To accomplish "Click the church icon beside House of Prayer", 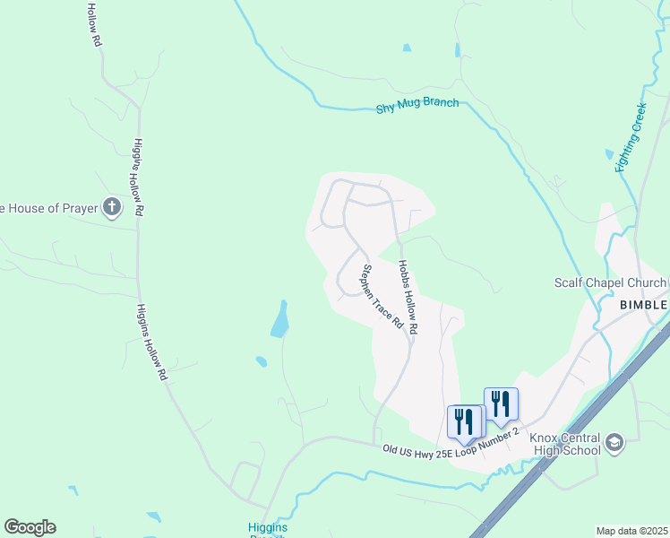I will [x=112, y=209].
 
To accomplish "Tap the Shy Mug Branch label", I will [x=417, y=105].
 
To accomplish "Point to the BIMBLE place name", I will [x=644, y=305].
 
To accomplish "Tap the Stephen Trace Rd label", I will [x=382, y=296].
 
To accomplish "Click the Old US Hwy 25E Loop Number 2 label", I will [x=451, y=442].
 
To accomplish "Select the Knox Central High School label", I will [x=564, y=444].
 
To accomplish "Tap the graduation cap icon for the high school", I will [x=614, y=442].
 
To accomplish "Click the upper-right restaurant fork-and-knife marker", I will [x=501, y=403].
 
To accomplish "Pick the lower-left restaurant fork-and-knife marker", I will [x=464, y=420].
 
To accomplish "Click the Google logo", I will [x=30, y=527].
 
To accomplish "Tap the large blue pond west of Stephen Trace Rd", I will [x=280, y=319].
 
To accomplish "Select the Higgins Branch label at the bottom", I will [x=267, y=529].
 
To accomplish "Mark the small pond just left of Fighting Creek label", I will [x=610, y=154].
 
